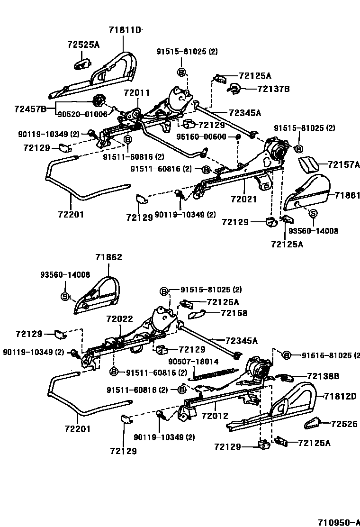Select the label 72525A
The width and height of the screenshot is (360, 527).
pyautogui.click(x=83, y=45)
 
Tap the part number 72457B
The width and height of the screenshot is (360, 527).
pyautogui.click(x=30, y=109)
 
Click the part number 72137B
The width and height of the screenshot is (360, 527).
pyautogui.click(x=273, y=89)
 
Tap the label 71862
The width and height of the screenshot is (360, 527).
pyautogui.click(x=109, y=257)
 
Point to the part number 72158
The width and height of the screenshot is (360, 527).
pyautogui.click(x=234, y=313)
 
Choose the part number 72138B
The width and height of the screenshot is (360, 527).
pyautogui.click(x=323, y=376)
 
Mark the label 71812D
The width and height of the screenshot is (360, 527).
pyautogui.click(x=340, y=396)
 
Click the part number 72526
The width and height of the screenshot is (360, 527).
pyautogui.click(x=344, y=424)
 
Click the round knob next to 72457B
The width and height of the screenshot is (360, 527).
pyautogui.click(x=99, y=101)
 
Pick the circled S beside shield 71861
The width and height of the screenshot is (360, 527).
pyautogui.click(x=313, y=213)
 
